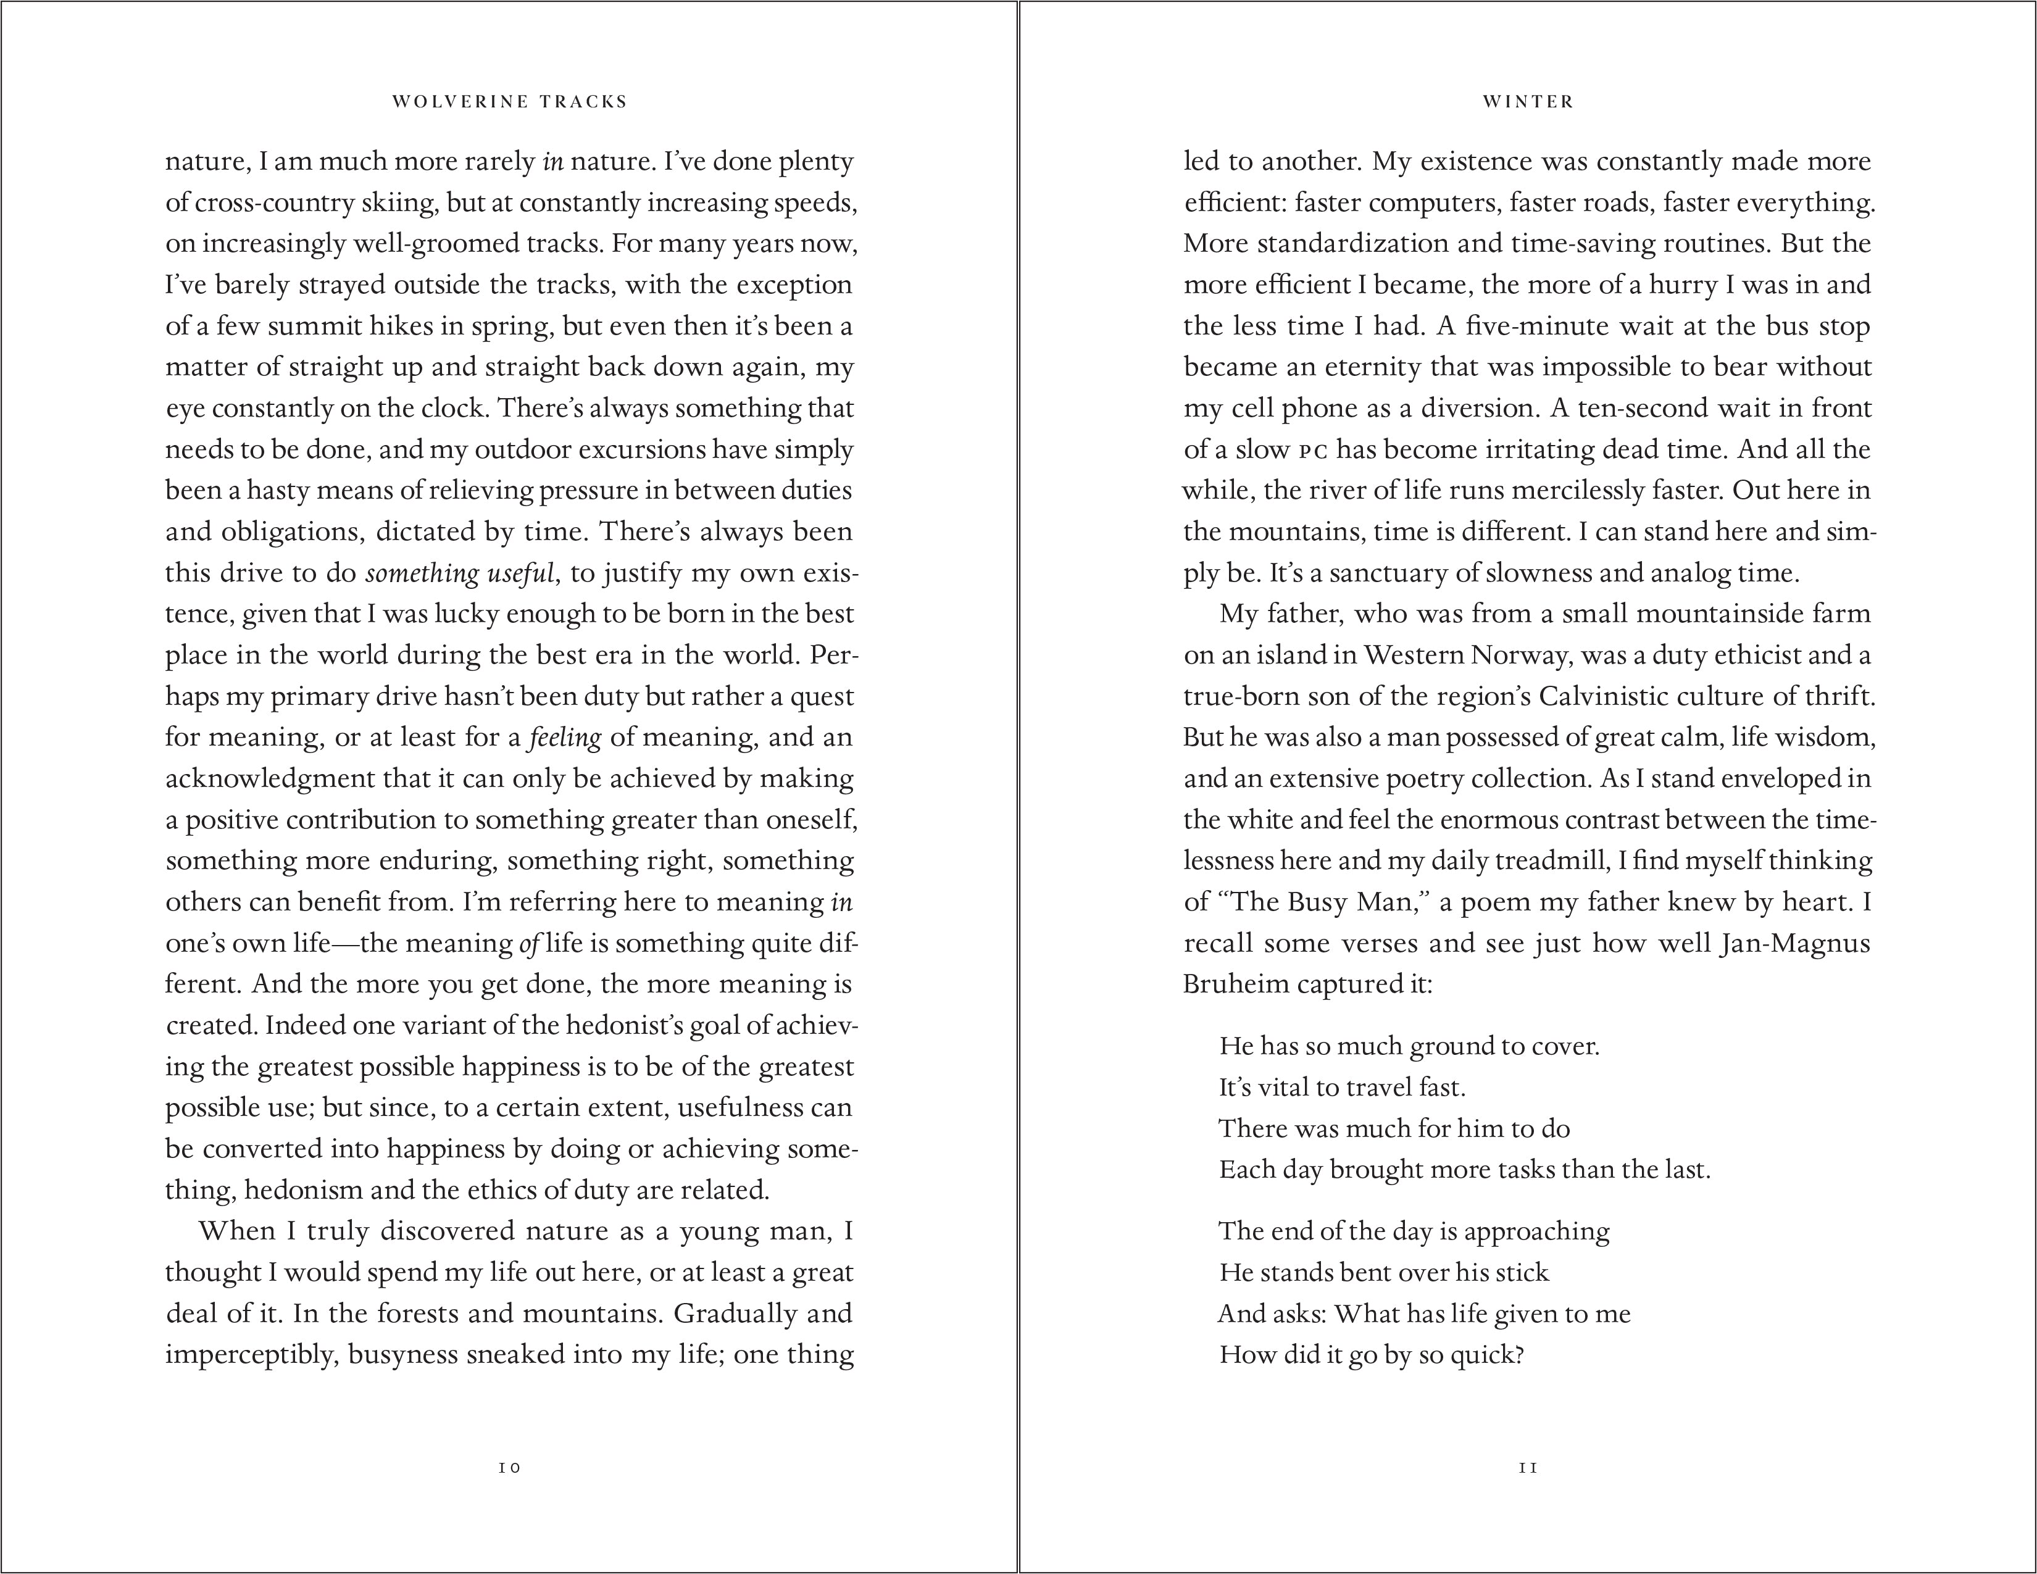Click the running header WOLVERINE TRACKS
[x=509, y=102]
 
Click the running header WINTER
[x=1528, y=102]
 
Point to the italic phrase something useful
[x=460, y=573]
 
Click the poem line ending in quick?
[x=1371, y=1355]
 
